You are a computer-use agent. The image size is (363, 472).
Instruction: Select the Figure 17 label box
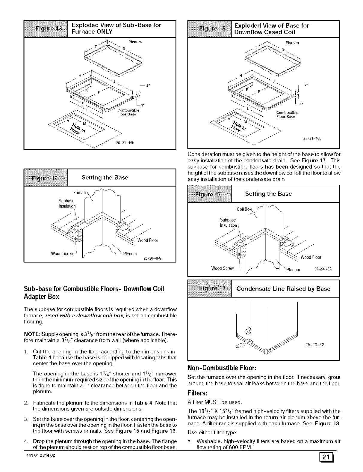tap(210, 289)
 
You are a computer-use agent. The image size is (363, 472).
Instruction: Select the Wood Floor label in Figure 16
tap(311, 257)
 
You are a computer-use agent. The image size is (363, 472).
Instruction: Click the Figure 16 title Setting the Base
tap(268, 194)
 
